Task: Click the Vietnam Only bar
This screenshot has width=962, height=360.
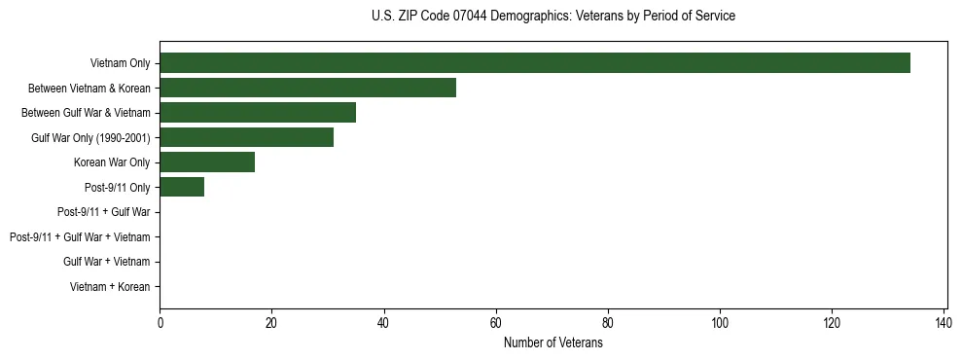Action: click(x=534, y=63)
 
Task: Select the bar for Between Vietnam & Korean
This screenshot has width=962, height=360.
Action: click(x=307, y=88)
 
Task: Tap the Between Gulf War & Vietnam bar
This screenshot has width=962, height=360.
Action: click(x=257, y=113)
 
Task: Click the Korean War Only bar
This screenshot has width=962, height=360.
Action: click(x=207, y=162)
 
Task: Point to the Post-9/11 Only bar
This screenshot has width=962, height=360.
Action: click(x=182, y=187)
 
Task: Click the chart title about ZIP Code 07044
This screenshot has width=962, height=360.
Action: click(x=553, y=17)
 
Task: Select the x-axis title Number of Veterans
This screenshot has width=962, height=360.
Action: click(x=552, y=343)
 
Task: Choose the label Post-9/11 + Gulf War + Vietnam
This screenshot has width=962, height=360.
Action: click(x=80, y=237)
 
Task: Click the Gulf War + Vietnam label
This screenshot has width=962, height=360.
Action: click(x=106, y=262)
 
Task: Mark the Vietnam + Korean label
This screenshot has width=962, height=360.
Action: click(x=110, y=287)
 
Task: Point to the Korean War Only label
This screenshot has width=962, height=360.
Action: click(x=112, y=162)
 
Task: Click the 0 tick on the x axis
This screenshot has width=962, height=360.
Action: click(x=160, y=323)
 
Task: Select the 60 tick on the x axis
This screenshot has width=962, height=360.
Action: click(x=496, y=323)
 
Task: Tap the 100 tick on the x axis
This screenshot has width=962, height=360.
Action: click(x=720, y=323)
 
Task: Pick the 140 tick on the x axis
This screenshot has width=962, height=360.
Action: click(x=944, y=323)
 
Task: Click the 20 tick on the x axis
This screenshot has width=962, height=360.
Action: click(x=271, y=323)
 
